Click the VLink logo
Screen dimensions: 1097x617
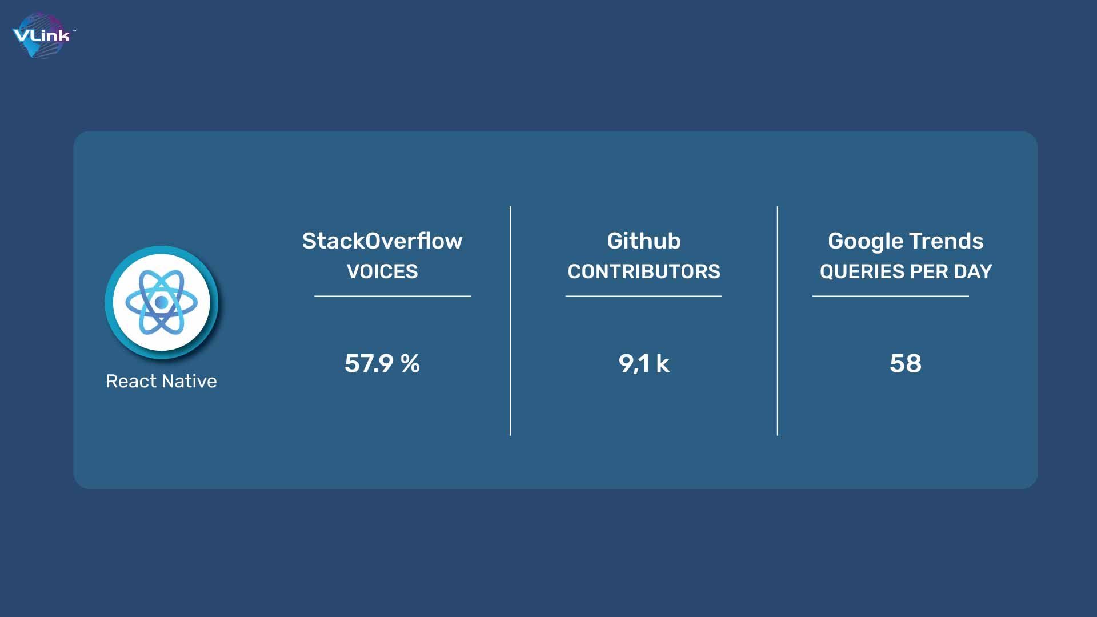[x=43, y=35]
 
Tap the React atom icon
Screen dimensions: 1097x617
[x=161, y=302]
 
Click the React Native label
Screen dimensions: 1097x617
[x=161, y=381]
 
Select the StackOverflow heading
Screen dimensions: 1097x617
[x=382, y=241]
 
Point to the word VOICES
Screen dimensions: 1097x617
[x=382, y=271]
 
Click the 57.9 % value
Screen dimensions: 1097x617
[x=382, y=363]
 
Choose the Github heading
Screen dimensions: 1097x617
[x=644, y=241]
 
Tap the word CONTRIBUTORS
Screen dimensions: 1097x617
[x=644, y=271]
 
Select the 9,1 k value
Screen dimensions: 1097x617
[x=644, y=363]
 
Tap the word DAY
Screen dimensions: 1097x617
[x=973, y=271]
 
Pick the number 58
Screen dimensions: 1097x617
[x=906, y=363]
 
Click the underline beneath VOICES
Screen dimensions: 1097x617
[x=393, y=296]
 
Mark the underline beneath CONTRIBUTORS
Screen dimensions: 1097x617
[x=644, y=296]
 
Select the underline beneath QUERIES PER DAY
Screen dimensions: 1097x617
[x=891, y=296]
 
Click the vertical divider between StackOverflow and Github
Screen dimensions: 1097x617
[x=510, y=321]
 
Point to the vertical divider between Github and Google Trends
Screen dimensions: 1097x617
[x=778, y=321]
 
